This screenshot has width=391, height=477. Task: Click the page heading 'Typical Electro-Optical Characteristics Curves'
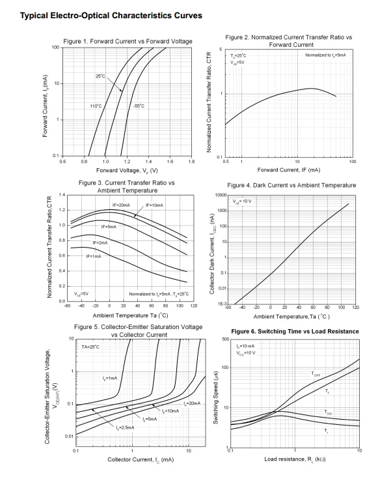[111, 16]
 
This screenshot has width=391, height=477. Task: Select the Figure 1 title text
[128, 41]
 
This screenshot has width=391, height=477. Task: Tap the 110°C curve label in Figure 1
[96, 106]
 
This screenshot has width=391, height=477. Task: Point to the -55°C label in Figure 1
[139, 106]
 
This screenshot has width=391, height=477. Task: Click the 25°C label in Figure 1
[100, 76]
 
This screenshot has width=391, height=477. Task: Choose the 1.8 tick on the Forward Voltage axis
[191, 162]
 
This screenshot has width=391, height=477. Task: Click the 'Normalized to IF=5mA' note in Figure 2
[325, 55]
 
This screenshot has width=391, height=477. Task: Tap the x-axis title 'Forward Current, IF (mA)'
[289, 169]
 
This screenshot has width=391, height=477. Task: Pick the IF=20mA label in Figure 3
[121, 205]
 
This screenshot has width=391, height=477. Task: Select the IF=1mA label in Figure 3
[94, 257]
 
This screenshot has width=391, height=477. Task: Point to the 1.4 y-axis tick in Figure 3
[62, 195]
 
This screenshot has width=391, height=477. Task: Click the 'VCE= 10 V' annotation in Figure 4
[242, 201]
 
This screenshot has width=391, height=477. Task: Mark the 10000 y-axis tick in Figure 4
[221, 195]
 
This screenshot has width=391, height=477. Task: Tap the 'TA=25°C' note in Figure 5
[90, 347]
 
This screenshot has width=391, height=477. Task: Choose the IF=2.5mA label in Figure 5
[125, 427]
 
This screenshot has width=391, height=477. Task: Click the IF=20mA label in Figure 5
[192, 403]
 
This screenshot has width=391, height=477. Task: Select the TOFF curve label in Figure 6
[316, 374]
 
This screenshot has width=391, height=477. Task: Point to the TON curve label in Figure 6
[328, 412]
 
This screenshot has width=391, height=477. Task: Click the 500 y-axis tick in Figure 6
[225, 340]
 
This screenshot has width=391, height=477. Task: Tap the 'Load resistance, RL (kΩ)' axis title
[295, 459]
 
